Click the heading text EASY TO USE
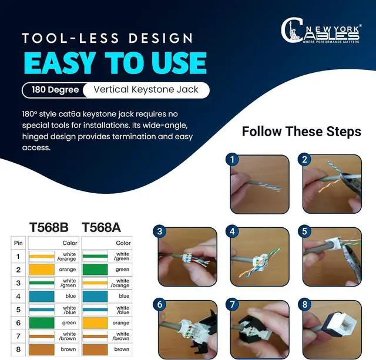point(115,63)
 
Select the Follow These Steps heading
point(301,131)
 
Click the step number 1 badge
point(233,160)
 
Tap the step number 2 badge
point(305,160)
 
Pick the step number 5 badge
point(305,232)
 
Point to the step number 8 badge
point(305,305)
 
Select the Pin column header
point(18,243)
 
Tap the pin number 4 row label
point(18,296)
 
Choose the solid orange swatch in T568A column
point(96,322)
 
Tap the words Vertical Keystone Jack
point(145,90)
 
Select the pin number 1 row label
point(18,256)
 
